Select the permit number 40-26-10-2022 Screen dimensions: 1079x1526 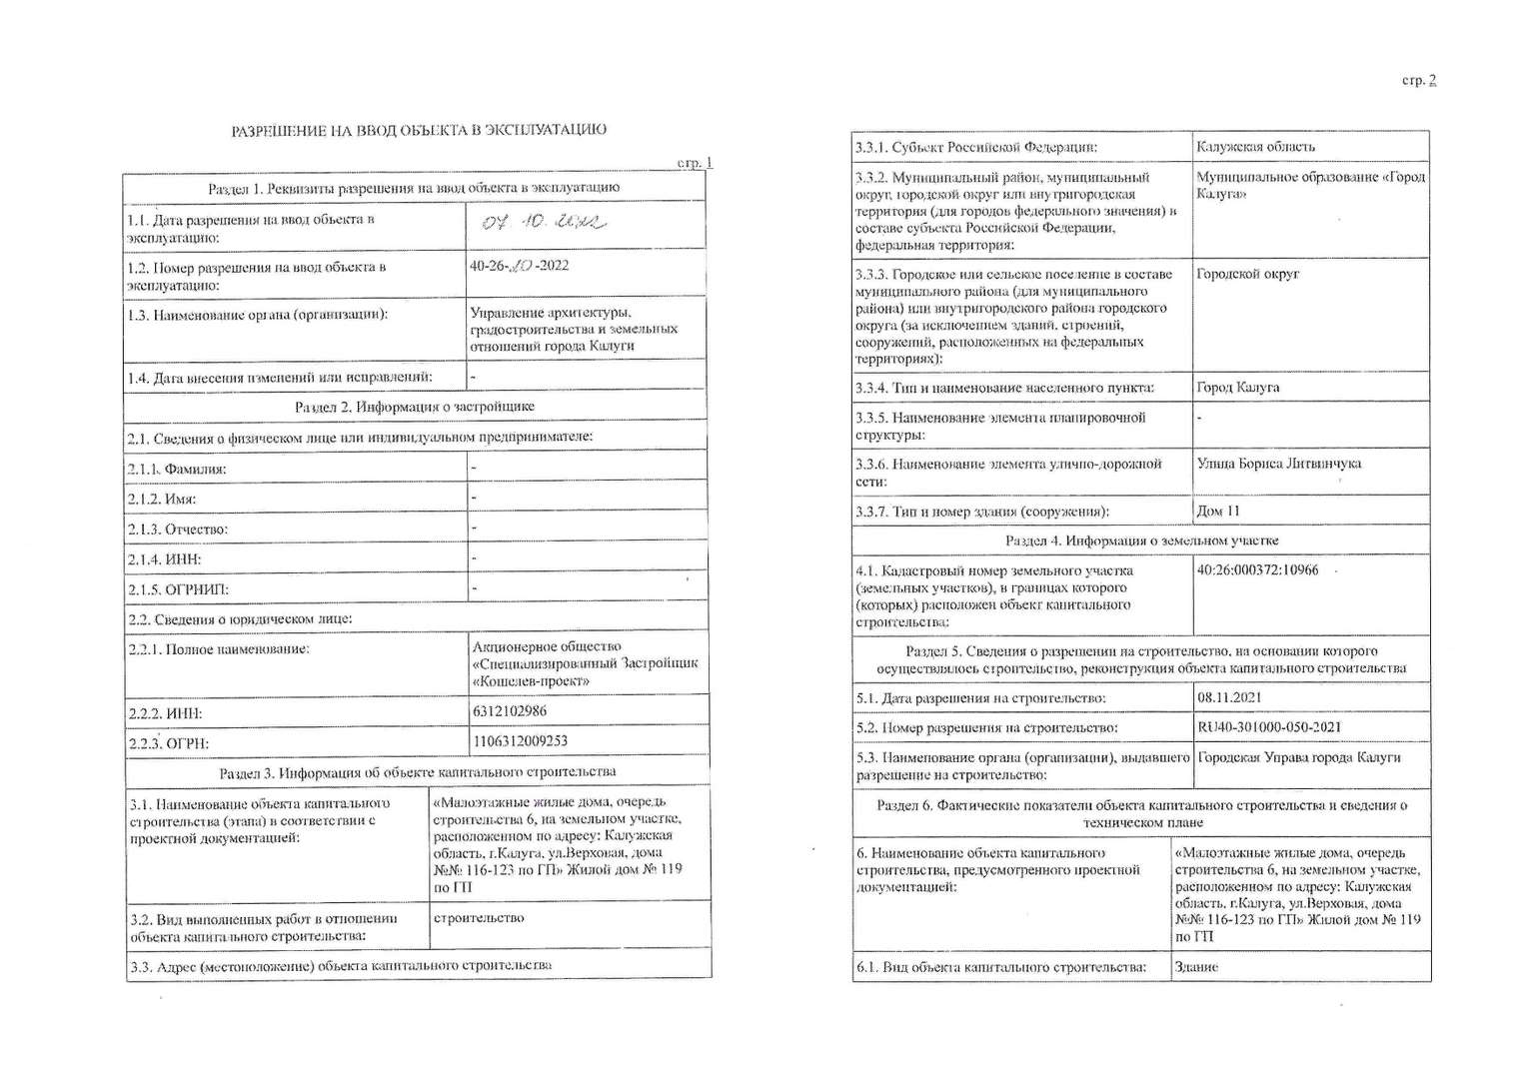(x=520, y=267)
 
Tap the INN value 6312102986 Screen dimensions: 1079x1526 (x=510, y=711)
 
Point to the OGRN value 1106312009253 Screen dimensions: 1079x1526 (x=520, y=741)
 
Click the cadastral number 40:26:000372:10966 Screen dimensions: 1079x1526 (x=1257, y=570)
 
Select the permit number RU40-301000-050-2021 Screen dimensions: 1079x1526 (x=1268, y=727)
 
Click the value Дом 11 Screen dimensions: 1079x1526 (x=1217, y=511)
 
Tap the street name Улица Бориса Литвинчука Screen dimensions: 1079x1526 (x=1278, y=464)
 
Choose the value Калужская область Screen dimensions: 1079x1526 (x=1255, y=147)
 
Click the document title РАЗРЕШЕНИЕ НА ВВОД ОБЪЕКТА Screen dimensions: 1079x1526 (x=419, y=130)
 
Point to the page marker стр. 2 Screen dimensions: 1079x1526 (x=1419, y=81)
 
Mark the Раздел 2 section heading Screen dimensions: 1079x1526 (x=414, y=407)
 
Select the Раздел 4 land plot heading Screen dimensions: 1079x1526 (x=1141, y=540)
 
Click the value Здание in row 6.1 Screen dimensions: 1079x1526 (x=1196, y=967)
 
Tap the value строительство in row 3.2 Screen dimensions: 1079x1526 (x=479, y=918)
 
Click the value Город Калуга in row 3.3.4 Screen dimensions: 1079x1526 (x=1237, y=388)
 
